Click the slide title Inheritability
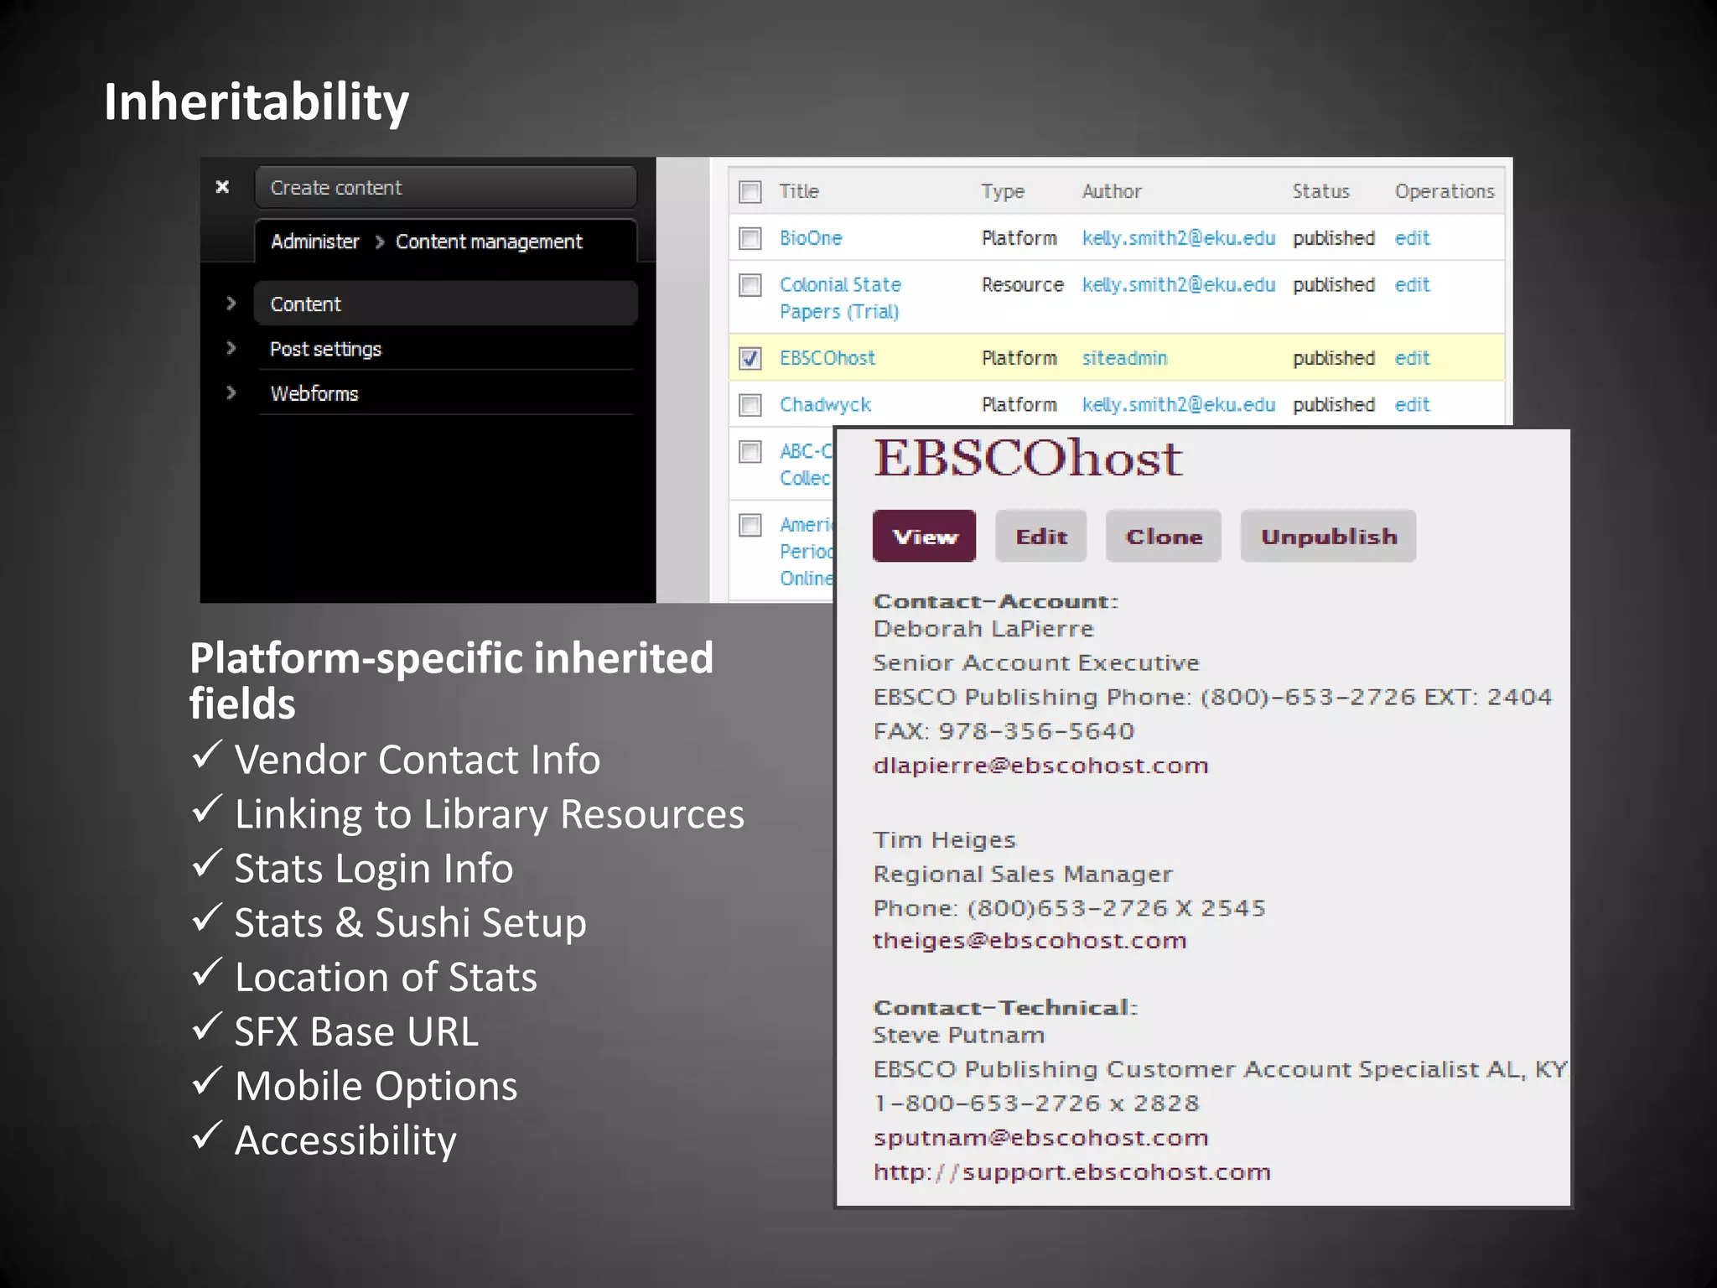pos(257,102)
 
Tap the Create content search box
pos(445,188)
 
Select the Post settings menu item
pos(325,349)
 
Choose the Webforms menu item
pos(314,393)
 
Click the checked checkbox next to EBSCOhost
pos(750,359)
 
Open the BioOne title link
pos(811,238)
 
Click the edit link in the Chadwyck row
pos(1412,405)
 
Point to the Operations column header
pos(1444,191)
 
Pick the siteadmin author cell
pos(1124,358)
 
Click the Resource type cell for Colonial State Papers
pos(1022,285)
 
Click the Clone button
pos(1163,537)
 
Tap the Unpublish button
pos(1328,537)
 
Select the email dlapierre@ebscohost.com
pos(1040,766)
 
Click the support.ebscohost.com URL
pos(1071,1172)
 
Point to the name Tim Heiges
pos(944,840)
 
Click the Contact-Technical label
pos(1004,1007)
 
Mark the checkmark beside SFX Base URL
pos(206,1026)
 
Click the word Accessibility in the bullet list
pos(345,1140)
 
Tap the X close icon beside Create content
pos(222,187)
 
